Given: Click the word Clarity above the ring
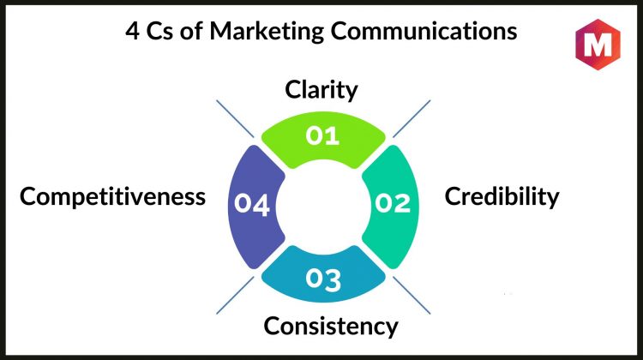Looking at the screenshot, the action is pyautogui.click(x=321, y=90).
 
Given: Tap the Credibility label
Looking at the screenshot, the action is pyautogui.click(x=502, y=197).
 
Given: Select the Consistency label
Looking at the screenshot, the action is pyautogui.click(x=331, y=327).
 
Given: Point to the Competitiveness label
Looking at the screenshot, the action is pyautogui.click(x=112, y=196).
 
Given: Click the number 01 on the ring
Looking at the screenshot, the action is pyautogui.click(x=322, y=135).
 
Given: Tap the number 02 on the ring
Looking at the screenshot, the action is pyautogui.click(x=393, y=203).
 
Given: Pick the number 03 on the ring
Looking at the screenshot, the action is pyautogui.click(x=323, y=279).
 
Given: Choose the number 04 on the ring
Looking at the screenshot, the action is pyautogui.click(x=252, y=204).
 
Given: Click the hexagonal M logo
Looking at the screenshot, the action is pyautogui.click(x=598, y=45).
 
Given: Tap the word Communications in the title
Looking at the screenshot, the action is pyautogui.click(x=424, y=31).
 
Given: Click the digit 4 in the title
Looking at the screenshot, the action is pyautogui.click(x=132, y=31).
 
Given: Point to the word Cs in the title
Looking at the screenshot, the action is pyautogui.click(x=160, y=31).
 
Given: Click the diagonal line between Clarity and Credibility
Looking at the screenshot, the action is pyautogui.click(x=412, y=118).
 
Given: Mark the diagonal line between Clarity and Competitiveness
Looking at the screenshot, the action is pyautogui.click(x=235, y=118).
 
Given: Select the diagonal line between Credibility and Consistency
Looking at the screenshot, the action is pyautogui.click(x=412, y=295).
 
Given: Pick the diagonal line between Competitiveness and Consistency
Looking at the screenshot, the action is pyautogui.click(x=235, y=295).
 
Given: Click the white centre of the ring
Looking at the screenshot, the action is pyautogui.click(x=323, y=207).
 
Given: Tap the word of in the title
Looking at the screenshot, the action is pyautogui.click(x=191, y=31).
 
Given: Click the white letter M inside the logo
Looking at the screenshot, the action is pyautogui.click(x=598, y=45).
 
